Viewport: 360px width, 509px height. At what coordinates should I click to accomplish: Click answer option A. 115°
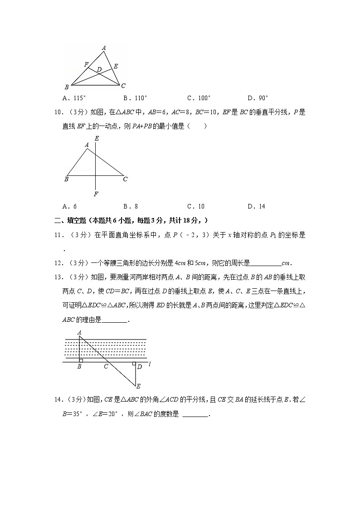pyautogui.click(x=74, y=98)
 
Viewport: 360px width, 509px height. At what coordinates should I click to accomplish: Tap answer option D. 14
pyautogui.click(x=256, y=207)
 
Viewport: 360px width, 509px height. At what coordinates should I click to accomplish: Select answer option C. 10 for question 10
pyautogui.click(x=195, y=207)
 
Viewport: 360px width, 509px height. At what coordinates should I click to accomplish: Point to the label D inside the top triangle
pyautogui.click(x=99, y=69)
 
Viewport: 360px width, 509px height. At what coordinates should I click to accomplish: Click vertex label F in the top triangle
pyautogui.click(x=86, y=65)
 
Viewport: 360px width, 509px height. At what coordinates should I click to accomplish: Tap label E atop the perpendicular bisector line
pyautogui.click(x=97, y=138)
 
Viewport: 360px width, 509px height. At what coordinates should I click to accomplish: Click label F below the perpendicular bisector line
pyautogui.click(x=96, y=194)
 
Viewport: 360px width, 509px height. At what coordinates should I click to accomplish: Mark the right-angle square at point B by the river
pyautogui.click(x=81, y=360)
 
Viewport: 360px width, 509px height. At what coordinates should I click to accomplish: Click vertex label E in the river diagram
pyautogui.click(x=138, y=386)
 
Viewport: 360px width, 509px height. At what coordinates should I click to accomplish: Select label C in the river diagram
pyautogui.click(x=106, y=366)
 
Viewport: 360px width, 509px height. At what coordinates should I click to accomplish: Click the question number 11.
pyautogui.click(x=58, y=235)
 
